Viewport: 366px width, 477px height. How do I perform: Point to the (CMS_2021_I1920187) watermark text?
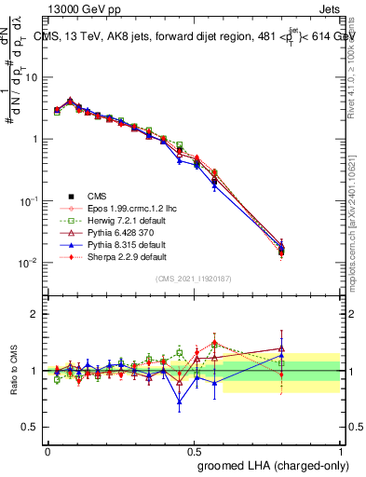pos(193,279)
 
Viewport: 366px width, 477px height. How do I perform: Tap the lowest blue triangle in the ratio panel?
pos(180,402)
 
